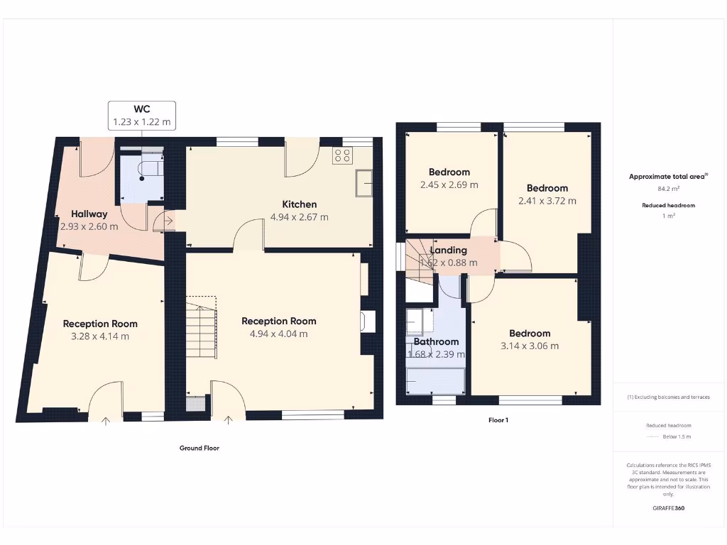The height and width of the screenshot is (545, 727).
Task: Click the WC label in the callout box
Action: (x=141, y=109)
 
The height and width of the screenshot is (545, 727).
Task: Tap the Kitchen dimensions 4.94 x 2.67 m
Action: (x=299, y=217)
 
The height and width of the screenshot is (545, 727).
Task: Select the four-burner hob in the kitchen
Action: (x=342, y=155)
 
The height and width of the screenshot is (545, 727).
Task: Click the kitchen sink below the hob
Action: (x=364, y=182)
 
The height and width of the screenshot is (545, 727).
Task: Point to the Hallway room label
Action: (x=89, y=214)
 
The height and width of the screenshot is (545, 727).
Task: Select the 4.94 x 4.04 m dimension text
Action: (x=278, y=334)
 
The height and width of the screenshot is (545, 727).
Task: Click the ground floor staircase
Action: (x=202, y=330)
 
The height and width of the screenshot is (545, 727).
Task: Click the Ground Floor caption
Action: (x=199, y=448)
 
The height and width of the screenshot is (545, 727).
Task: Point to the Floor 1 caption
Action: (x=498, y=420)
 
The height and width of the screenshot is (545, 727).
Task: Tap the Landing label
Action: (x=448, y=250)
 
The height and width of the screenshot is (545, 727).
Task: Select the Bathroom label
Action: (x=436, y=341)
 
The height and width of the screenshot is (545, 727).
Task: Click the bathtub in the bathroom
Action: (x=435, y=381)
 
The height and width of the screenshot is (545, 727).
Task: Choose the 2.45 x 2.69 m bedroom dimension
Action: (x=449, y=185)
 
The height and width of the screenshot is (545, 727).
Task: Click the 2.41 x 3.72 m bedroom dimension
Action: (x=547, y=201)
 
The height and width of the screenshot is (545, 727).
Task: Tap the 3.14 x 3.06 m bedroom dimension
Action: (x=529, y=346)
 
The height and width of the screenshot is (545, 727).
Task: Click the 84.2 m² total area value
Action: (x=667, y=189)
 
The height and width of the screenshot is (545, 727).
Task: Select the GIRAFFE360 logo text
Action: (x=667, y=508)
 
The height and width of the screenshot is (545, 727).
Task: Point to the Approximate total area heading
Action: (x=667, y=177)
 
